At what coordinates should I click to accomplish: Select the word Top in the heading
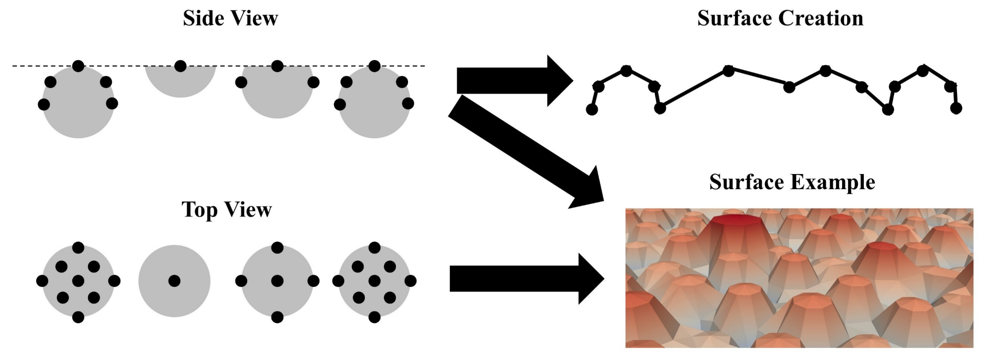pos(199,210)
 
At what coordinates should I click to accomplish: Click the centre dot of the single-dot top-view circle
pos(174,281)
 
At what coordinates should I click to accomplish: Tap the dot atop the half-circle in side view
pos(180,66)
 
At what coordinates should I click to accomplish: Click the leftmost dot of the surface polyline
pos(592,110)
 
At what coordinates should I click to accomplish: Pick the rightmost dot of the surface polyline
pos(956,108)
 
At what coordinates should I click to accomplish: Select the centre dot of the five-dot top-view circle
pos(277,281)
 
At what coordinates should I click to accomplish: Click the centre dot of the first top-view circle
pos(78,281)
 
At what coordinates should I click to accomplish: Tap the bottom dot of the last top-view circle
pos(374,317)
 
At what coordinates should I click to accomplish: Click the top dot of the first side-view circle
pos(78,66)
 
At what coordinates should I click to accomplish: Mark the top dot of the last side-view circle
pos(374,66)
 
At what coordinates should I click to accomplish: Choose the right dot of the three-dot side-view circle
pos(313,82)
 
